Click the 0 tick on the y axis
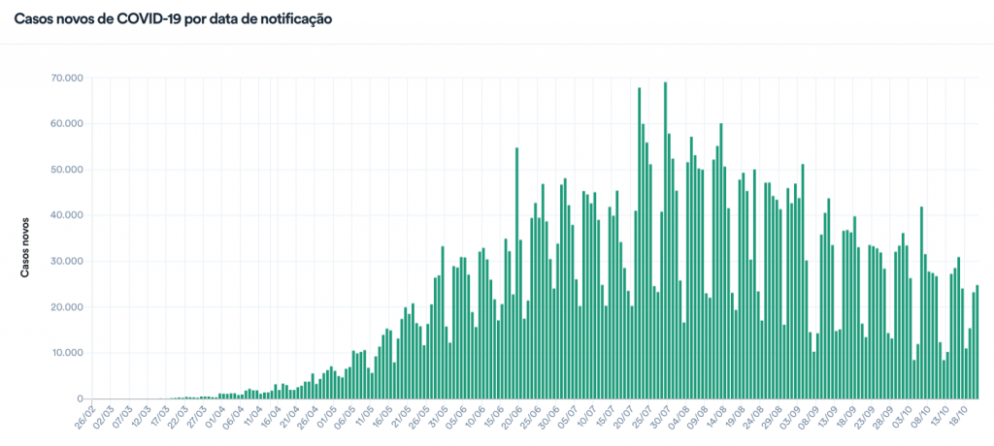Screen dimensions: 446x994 coord(79,398)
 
